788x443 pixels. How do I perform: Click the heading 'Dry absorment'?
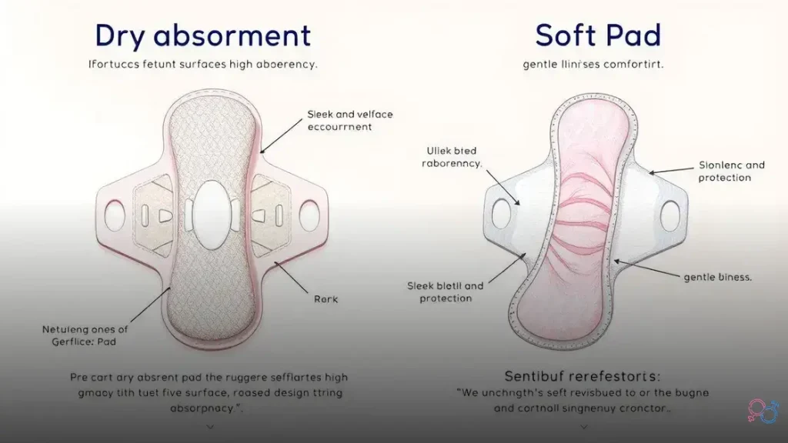click(x=203, y=36)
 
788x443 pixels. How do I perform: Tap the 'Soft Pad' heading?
click(x=598, y=36)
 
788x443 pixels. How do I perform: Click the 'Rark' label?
click(x=326, y=298)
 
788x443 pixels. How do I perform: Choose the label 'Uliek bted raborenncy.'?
click(x=452, y=157)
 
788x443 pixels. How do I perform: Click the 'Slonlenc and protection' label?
click(x=731, y=171)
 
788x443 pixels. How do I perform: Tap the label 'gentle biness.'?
click(x=717, y=277)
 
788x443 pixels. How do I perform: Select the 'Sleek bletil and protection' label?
click(x=445, y=291)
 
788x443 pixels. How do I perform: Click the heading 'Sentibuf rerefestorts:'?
click(x=582, y=376)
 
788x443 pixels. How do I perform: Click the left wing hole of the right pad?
click(x=501, y=214)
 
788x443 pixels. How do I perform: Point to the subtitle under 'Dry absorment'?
click(x=203, y=65)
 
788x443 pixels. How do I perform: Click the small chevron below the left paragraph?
click(x=209, y=425)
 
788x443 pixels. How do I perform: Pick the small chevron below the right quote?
click(x=583, y=425)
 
